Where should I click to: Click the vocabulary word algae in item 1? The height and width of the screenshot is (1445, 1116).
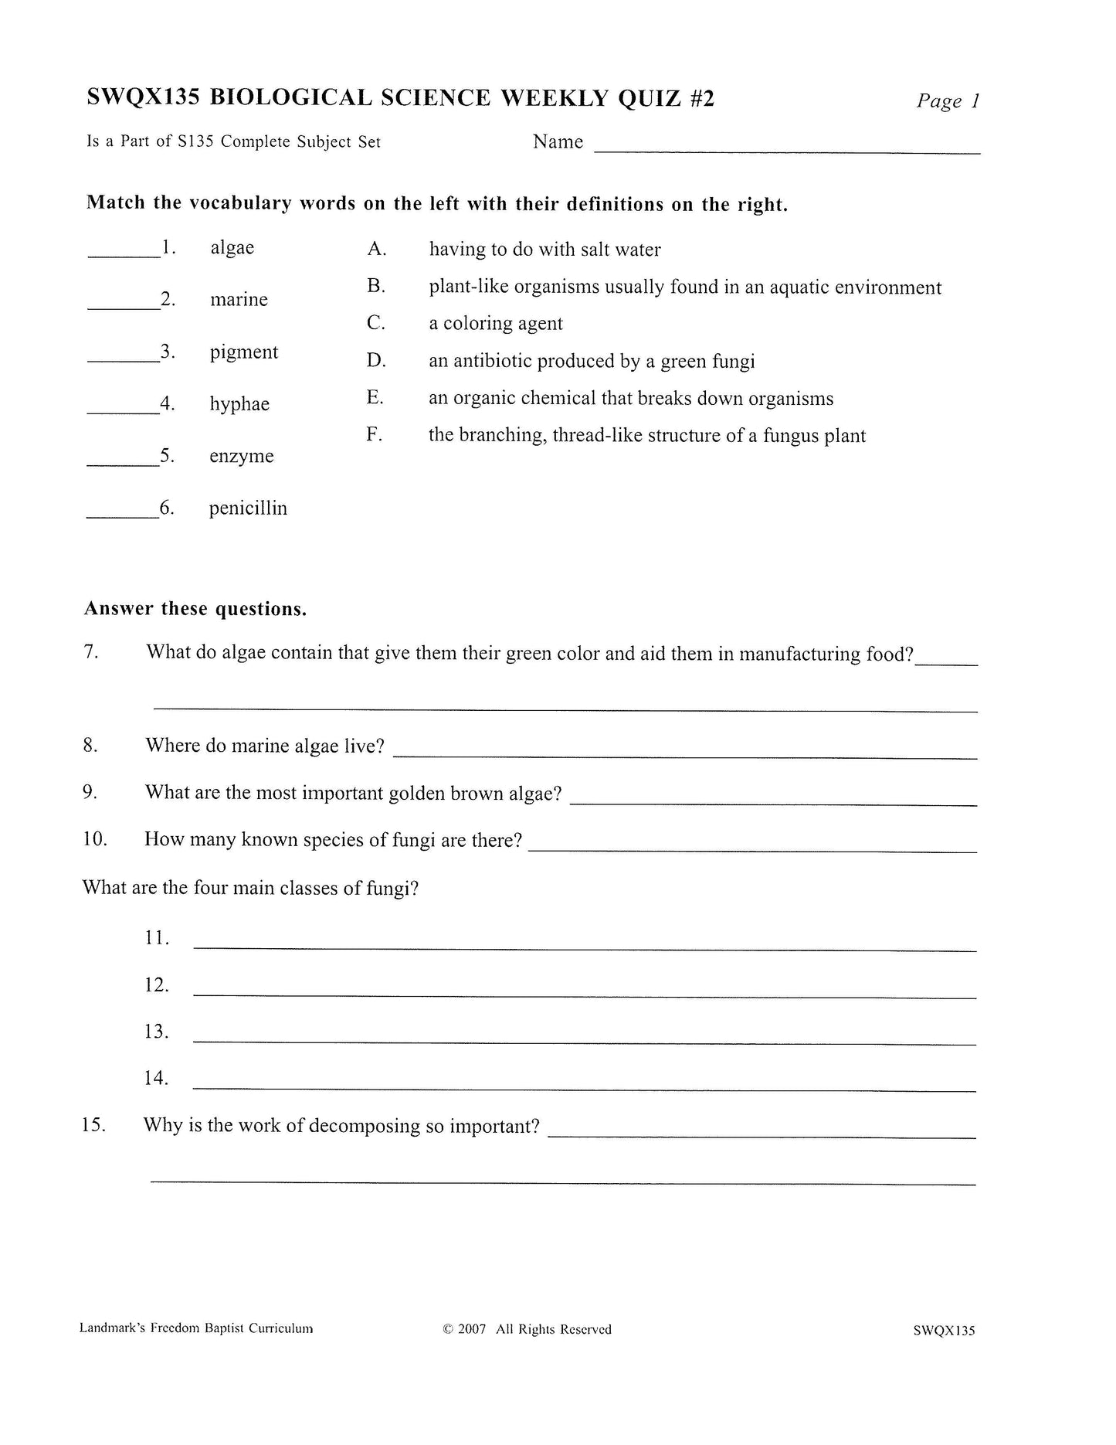pyautogui.click(x=232, y=248)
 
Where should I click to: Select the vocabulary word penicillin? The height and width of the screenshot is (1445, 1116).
pyautogui.click(x=248, y=508)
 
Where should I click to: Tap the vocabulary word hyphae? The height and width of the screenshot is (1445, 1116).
pyautogui.click(x=239, y=404)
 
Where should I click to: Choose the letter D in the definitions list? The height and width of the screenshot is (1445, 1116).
pyautogui.click(x=376, y=361)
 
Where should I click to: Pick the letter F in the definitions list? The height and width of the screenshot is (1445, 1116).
pyautogui.click(x=375, y=434)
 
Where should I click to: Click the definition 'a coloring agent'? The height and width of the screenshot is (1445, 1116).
pyautogui.click(x=496, y=324)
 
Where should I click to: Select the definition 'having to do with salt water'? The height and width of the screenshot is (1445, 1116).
pyautogui.click(x=544, y=250)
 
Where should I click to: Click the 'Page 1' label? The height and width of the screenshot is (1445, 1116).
pyautogui.click(x=948, y=101)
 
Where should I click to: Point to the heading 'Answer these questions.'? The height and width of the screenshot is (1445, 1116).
pyautogui.click(x=195, y=610)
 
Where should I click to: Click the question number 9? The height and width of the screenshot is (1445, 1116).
pyautogui.click(x=90, y=792)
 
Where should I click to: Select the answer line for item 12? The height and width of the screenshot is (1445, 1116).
pyautogui.click(x=584, y=994)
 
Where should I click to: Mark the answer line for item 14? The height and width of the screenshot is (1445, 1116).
pyautogui.click(x=584, y=1087)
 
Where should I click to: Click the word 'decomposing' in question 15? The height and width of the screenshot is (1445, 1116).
pyautogui.click(x=365, y=1126)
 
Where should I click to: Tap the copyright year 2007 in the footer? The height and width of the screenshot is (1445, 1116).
pyautogui.click(x=472, y=1329)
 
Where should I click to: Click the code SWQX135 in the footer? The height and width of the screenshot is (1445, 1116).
pyautogui.click(x=944, y=1330)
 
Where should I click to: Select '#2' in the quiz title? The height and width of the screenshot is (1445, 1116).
pyautogui.click(x=697, y=98)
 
